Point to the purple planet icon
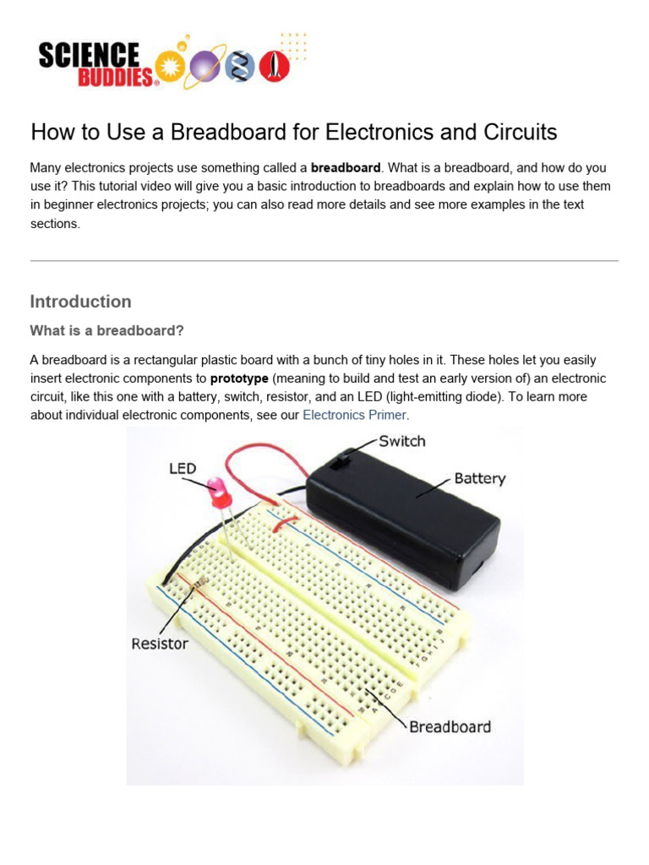205,64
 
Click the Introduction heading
80,302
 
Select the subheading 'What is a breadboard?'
106,330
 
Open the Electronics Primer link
354,415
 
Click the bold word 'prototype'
239,378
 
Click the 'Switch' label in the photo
402,441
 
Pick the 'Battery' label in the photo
479,478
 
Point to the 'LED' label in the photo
183,468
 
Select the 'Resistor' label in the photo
160,644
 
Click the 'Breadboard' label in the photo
450,726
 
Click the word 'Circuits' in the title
516,133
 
